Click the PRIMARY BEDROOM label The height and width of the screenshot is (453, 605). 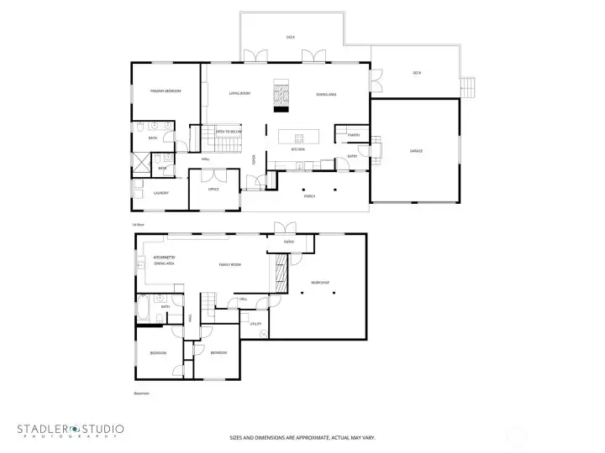(166, 91)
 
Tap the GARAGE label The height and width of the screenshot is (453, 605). (415, 151)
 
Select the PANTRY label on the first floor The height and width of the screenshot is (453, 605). (354, 134)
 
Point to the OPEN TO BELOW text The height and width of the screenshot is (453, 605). (229, 132)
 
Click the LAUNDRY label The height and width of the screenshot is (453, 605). (160, 193)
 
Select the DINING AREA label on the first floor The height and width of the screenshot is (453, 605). (327, 94)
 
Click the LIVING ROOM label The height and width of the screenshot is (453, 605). (239, 94)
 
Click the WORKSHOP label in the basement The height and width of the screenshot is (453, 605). (320, 284)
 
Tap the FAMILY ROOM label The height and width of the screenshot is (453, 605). (230, 264)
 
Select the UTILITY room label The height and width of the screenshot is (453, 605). (255, 323)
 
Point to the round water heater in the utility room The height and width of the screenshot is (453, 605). (263, 334)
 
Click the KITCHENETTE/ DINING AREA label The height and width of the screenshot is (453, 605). (163, 261)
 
